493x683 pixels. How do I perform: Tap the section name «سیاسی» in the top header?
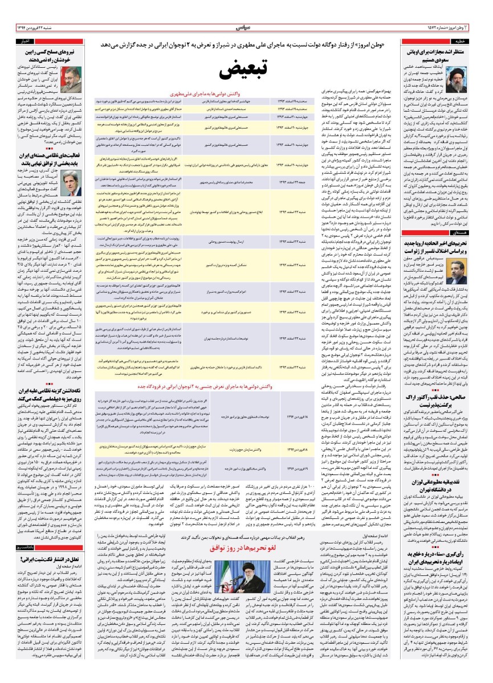click(x=245, y=27)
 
